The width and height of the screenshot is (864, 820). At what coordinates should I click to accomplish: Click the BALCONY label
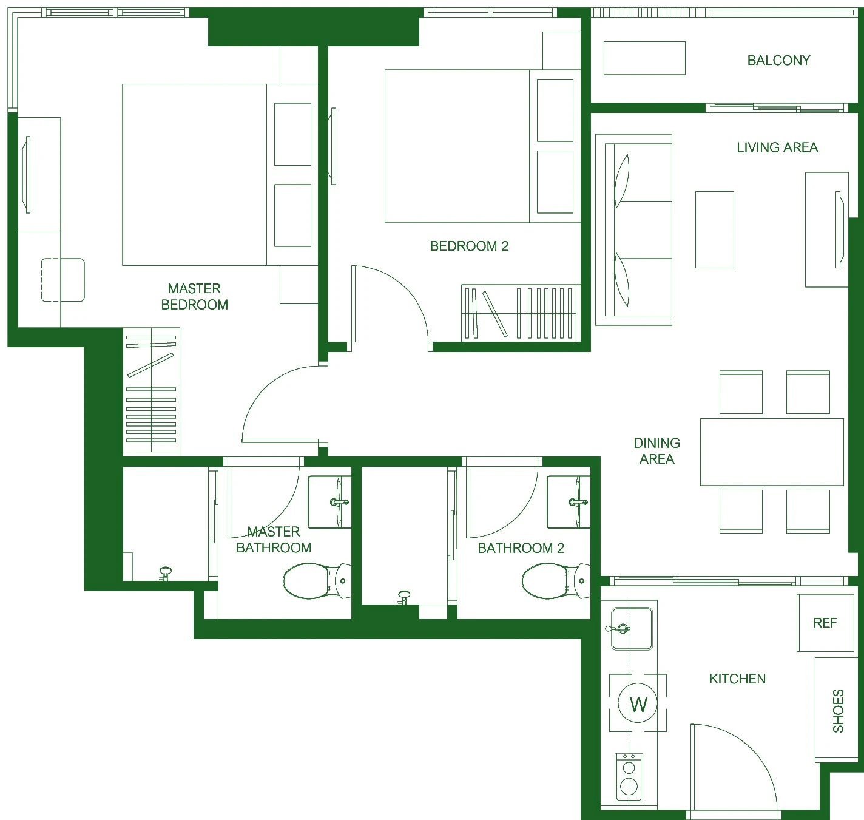pyautogui.click(x=778, y=60)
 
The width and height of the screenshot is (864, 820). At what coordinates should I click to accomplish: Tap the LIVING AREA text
pyautogui.click(x=777, y=147)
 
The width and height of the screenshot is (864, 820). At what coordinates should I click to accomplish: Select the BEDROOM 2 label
pyautogui.click(x=469, y=246)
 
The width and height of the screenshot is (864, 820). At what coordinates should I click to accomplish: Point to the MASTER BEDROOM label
pyautogui.click(x=194, y=296)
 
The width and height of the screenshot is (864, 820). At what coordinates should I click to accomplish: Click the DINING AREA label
pyautogui.click(x=656, y=451)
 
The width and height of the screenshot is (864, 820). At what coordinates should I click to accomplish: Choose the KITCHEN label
pyautogui.click(x=737, y=679)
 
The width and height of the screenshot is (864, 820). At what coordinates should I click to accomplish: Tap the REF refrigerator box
pyautogui.click(x=825, y=623)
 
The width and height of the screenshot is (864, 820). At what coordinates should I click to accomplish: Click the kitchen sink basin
pyautogui.click(x=632, y=629)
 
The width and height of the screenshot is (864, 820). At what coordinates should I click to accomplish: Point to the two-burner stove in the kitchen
pyautogui.click(x=629, y=778)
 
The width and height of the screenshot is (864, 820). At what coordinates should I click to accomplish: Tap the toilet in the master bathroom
pyautogui.click(x=317, y=581)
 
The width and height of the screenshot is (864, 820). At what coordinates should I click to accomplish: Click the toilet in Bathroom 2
pyautogui.click(x=556, y=581)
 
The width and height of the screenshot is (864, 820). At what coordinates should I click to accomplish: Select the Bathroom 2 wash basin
pyautogui.click(x=569, y=502)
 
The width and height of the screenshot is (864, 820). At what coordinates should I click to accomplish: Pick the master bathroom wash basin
pyautogui.click(x=329, y=502)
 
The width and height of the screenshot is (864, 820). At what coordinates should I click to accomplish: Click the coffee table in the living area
pyautogui.click(x=714, y=229)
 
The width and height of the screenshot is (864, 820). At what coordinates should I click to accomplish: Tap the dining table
pyautogui.click(x=772, y=452)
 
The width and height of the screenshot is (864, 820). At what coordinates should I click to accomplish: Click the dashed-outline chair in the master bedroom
pyautogui.click(x=63, y=280)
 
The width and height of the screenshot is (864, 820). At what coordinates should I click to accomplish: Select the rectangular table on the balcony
pyautogui.click(x=644, y=58)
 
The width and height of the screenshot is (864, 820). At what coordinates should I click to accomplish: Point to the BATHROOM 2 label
pyautogui.click(x=521, y=548)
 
